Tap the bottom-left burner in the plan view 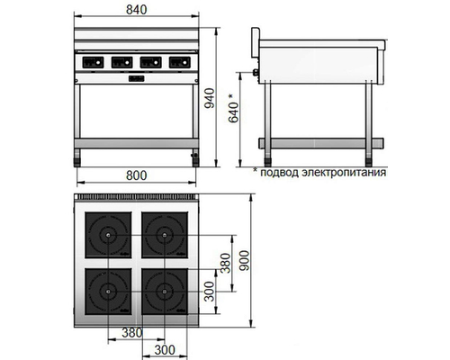[109, 291]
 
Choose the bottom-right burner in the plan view [163, 291]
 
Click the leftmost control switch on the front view [94, 63]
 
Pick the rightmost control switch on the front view [177, 63]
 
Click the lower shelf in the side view [321, 141]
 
